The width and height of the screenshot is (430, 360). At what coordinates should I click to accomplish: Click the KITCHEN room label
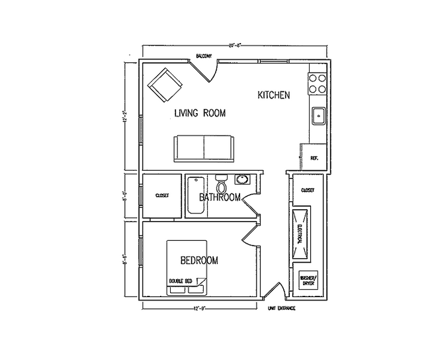[x=273, y=96]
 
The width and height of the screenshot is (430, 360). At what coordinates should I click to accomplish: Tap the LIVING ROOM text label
[x=200, y=114]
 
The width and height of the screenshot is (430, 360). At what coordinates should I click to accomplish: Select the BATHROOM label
[x=220, y=198]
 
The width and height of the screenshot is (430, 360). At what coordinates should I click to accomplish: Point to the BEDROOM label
[x=199, y=260]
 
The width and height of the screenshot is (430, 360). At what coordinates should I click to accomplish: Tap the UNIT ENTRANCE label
[x=281, y=308]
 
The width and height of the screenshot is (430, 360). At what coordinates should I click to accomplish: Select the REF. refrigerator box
[x=314, y=158]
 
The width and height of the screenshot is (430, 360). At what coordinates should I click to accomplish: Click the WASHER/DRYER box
[x=309, y=280]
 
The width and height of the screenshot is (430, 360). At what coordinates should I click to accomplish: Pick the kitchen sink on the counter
[x=318, y=116]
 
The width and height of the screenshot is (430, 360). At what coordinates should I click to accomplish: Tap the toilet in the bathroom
[x=221, y=183]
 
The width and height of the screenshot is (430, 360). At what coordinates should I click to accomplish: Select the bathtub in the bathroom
[x=196, y=195]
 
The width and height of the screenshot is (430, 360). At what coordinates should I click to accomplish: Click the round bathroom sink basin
[x=243, y=180]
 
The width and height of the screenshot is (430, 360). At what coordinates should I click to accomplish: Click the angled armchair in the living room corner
[x=165, y=85]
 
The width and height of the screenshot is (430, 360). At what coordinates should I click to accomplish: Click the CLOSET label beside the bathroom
[x=162, y=196]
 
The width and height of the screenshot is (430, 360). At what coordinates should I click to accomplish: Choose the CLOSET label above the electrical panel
[x=308, y=190]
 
